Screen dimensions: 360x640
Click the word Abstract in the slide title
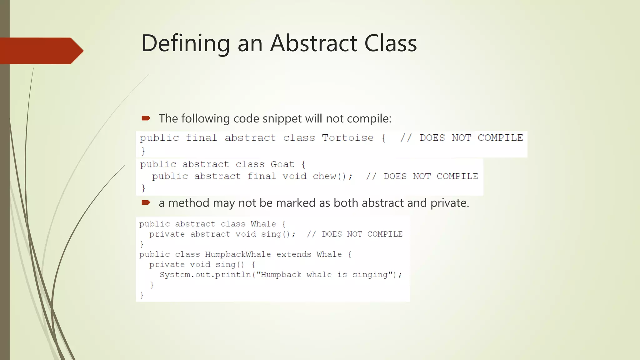(x=313, y=43)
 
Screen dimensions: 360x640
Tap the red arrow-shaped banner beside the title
(x=41, y=51)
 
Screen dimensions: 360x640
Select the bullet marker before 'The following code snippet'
(x=146, y=118)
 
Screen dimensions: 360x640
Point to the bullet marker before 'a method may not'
(x=146, y=202)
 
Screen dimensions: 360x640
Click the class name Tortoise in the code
(x=347, y=138)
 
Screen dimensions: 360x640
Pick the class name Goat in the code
(x=282, y=164)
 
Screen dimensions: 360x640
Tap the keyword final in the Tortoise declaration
(x=201, y=138)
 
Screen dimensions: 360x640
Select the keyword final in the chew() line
(x=262, y=176)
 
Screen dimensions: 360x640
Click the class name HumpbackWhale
(x=238, y=254)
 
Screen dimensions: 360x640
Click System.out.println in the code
(x=205, y=275)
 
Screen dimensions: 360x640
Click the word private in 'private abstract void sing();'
(x=167, y=234)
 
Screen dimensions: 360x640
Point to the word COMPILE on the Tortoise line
(x=500, y=138)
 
